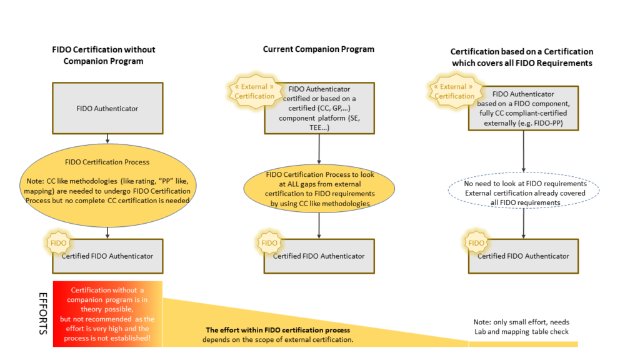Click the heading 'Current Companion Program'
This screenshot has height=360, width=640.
click(319, 49)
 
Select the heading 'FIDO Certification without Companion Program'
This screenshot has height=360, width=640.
click(103, 55)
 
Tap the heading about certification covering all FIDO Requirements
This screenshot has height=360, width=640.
click(521, 57)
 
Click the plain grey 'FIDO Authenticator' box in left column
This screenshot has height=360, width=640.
click(107, 109)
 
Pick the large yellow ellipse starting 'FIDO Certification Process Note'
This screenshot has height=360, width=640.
click(107, 186)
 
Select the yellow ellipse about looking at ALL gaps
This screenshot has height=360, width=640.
click(320, 189)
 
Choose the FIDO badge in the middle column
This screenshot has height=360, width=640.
click(269, 243)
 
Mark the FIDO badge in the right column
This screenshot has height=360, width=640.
click(476, 243)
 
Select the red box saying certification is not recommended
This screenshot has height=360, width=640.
click(107, 314)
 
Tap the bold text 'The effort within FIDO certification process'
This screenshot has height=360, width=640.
click(277, 330)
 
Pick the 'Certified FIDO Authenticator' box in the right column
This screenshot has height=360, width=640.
click(524, 256)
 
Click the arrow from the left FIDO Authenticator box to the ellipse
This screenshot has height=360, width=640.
click(107, 138)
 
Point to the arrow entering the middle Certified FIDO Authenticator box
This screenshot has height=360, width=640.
click(320, 226)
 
